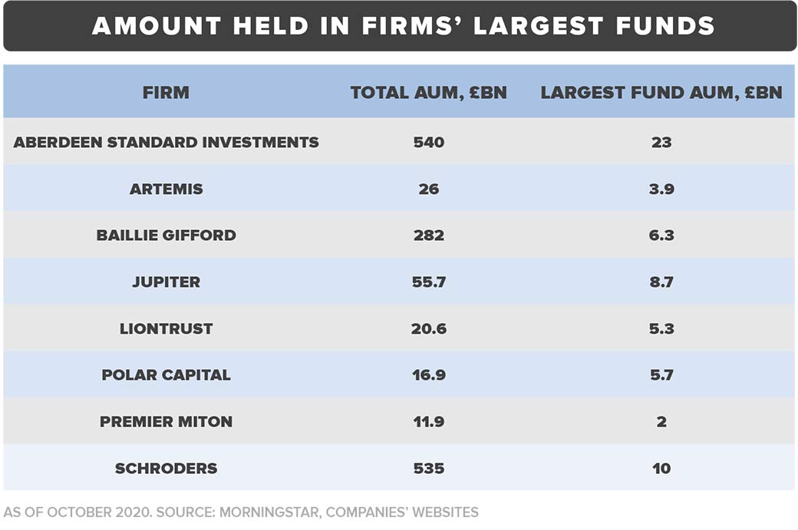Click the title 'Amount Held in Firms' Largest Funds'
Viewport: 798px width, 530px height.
point(403,26)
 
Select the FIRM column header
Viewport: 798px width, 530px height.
point(166,93)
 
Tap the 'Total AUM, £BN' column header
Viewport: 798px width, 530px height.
point(428,93)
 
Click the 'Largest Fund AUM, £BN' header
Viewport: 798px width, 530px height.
point(661,93)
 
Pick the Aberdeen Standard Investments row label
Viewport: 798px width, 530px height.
point(166,142)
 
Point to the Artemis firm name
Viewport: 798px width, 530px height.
point(166,189)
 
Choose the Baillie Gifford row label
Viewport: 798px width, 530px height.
point(166,235)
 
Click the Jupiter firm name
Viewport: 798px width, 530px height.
point(166,282)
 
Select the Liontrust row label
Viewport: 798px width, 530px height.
point(166,328)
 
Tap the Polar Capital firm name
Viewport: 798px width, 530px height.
point(166,375)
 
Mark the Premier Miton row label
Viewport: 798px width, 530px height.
point(166,422)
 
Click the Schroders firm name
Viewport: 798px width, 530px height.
point(166,468)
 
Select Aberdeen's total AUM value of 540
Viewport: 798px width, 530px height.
point(428,142)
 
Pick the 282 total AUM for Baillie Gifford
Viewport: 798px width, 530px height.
point(428,235)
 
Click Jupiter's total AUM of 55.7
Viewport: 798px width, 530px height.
point(428,282)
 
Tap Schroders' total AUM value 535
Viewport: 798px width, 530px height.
point(428,468)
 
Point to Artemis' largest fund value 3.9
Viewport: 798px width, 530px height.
point(661,189)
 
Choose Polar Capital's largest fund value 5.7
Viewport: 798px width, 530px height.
point(661,375)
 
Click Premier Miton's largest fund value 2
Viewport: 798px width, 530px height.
point(661,422)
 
